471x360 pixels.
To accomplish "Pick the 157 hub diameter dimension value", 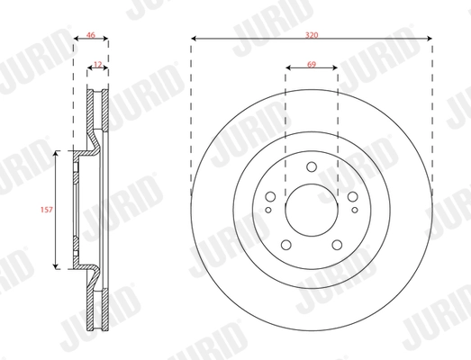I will pos(45,210).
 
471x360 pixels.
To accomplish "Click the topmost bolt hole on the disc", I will pos(312,166).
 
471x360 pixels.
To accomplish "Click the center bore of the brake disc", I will pos(312,212).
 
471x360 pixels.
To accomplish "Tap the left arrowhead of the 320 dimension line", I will pos(195,39).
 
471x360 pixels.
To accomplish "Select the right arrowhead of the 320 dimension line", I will pos(430,39).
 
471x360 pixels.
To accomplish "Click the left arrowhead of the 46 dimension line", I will pos(75,39).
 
